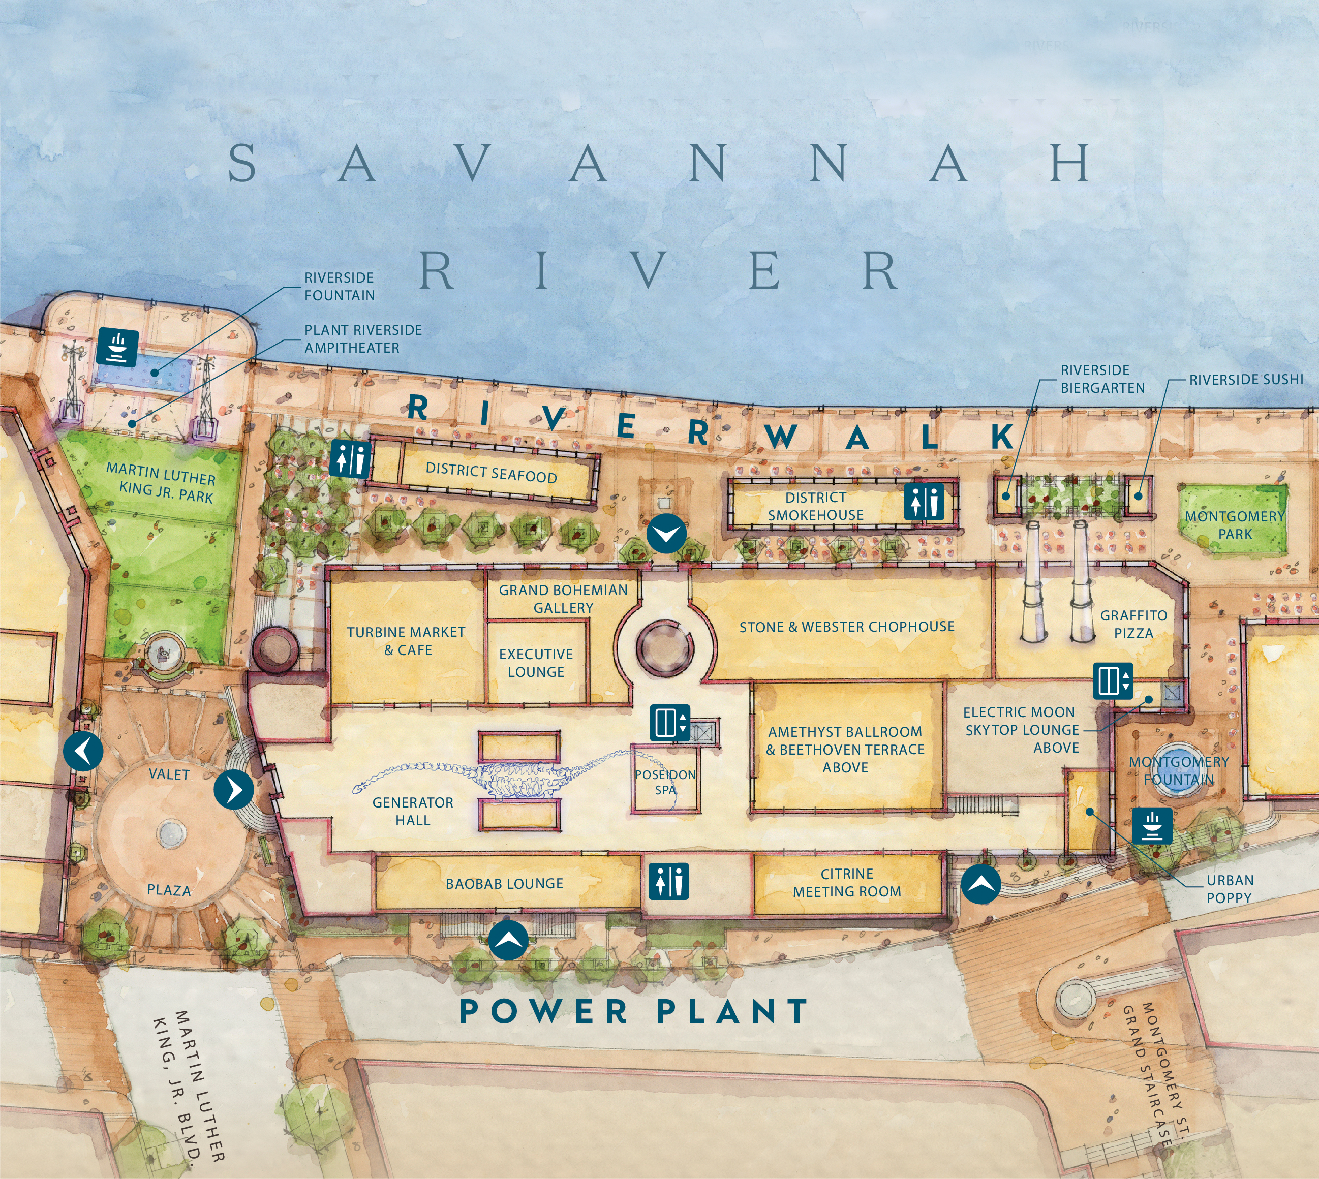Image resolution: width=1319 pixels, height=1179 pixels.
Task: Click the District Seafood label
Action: pos(491,473)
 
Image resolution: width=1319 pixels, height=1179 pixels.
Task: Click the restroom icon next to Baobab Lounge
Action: pos(668,881)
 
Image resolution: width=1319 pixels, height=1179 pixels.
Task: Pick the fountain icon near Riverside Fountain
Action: pos(117,347)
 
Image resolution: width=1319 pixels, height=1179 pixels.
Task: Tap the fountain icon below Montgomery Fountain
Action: pos(1152,825)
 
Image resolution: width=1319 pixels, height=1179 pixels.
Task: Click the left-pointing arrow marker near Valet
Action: pos(83,752)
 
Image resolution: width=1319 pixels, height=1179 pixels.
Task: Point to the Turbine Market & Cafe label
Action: pos(406,641)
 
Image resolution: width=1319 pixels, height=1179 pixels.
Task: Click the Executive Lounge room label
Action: pos(536,663)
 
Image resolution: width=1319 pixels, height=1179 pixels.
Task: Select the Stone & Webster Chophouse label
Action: pos(847,627)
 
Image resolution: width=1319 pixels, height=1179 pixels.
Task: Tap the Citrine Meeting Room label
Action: pos(847,882)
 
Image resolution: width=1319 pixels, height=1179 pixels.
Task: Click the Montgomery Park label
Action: pos(1235,525)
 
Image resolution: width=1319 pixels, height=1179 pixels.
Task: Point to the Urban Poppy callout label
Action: pos(1230,889)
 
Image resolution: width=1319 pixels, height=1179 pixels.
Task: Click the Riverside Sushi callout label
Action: pos(1246,380)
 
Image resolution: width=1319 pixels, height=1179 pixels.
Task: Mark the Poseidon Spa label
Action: pos(665,782)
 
